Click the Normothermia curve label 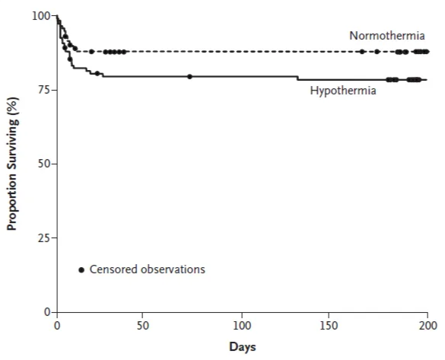386,36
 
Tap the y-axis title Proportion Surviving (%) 13,163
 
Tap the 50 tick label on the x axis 143,324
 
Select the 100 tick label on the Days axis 242,324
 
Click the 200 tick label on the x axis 428,324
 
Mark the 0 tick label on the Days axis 57,324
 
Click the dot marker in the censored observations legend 81,269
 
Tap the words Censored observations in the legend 148,269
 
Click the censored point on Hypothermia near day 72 189,76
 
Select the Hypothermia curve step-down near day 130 297,78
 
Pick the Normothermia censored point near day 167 362,52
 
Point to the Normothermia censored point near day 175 377,52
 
